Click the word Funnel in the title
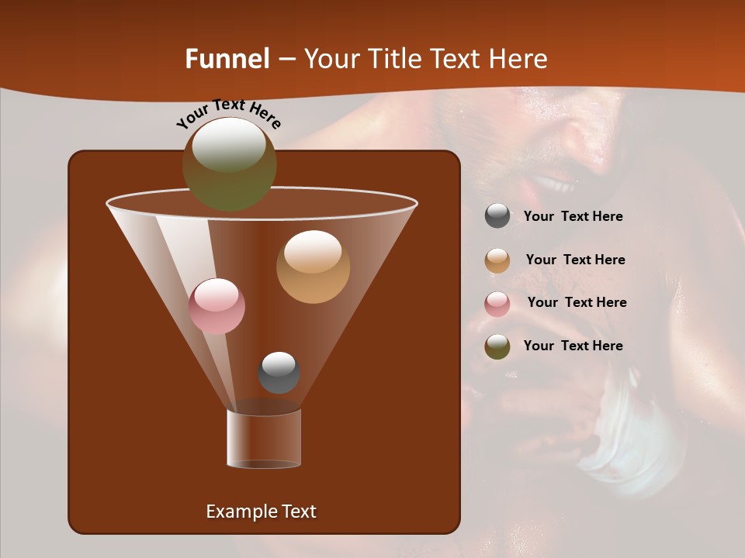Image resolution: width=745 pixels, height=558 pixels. tap(227, 59)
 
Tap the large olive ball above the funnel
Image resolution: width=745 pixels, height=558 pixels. tap(229, 164)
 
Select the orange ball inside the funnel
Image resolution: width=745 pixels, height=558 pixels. tap(313, 267)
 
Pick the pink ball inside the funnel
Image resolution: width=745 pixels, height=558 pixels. tap(217, 306)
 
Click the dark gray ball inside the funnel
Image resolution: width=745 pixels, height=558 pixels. tap(279, 372)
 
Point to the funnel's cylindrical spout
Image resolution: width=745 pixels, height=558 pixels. tap(264, 439)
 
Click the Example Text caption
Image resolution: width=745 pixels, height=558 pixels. tap(261, 511)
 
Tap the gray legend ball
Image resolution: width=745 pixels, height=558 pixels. tap(497, 216)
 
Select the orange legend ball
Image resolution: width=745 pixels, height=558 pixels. tap(497, 260)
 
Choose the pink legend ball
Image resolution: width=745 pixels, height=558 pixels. tap(497, 304)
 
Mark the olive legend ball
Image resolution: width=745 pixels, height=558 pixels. tap(497, 346)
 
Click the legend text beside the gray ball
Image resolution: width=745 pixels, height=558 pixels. tap(573, 217)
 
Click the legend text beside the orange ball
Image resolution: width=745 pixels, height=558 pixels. tap(575, 260)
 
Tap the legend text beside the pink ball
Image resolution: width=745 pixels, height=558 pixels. tap(577, 303)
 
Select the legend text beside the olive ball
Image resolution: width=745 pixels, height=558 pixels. tap(573, 346)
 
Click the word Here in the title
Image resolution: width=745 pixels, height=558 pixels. tap(519, 59)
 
